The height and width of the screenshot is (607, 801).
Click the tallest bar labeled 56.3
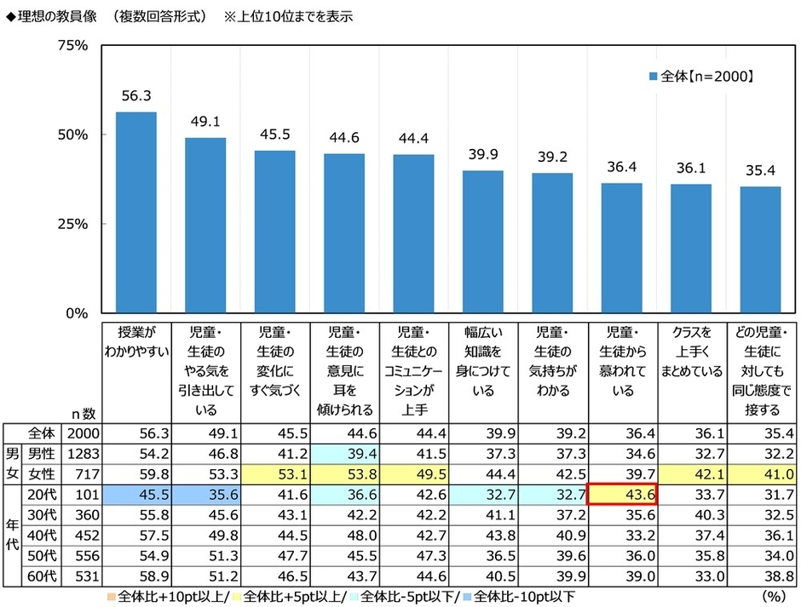(x=136, y=213)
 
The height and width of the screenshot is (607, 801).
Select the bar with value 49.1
(x=205, y=226)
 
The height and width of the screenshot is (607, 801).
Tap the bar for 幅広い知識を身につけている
(x=483, y=242)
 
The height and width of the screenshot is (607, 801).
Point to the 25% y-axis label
(x=72, y=224)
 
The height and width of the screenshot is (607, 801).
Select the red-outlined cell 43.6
(x=621, y=494)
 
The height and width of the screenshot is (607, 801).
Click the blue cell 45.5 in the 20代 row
(x=136, y=494)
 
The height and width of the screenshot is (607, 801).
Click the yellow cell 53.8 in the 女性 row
(x=344, y=473)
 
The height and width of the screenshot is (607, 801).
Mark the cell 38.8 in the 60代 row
(x=760, y=576)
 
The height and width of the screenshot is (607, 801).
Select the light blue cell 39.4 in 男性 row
(x=344, y=454)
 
